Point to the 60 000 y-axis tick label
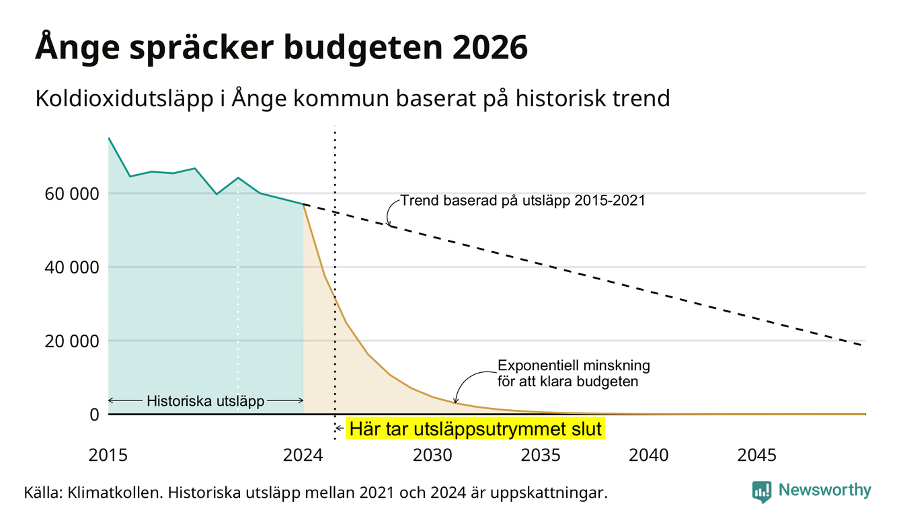tap(71, 193)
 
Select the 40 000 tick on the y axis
tap(71, 267)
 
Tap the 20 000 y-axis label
tap(71, 341)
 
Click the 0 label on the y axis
tap(94, 414)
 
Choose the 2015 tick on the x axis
tap(108, 455)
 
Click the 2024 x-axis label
tap(303, 455)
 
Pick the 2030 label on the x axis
tap(433, 455)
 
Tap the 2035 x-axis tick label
tap(541, 455)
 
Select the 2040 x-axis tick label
tap(649, 455)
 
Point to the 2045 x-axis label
tap(756, 455)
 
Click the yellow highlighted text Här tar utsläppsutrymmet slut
tap(475, 429)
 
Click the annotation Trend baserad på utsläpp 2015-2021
tap(523, 200)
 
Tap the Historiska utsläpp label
tap(205, 401)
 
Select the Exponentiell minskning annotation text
tap(574, 365)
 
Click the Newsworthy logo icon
tap(762, 492)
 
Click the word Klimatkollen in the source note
tap(115, 492)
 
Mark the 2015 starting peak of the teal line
tap(109, 138)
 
